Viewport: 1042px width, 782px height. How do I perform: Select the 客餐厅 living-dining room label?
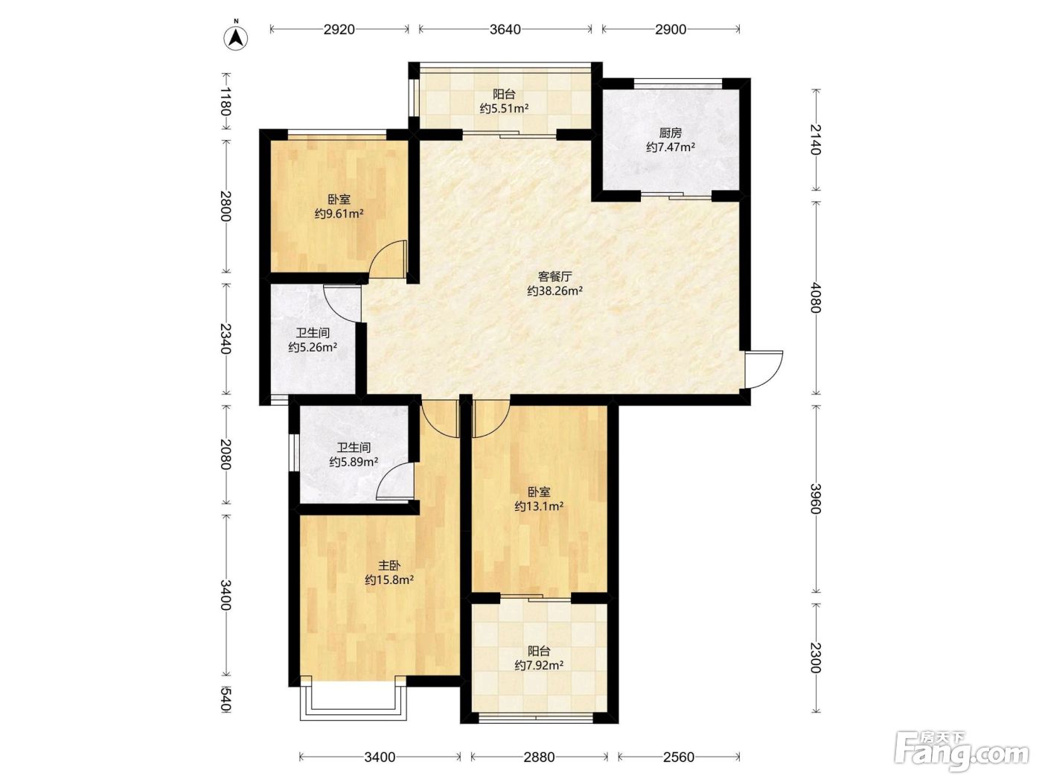click(x=554, y=276)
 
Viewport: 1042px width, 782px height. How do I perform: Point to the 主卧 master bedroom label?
click(x=389, y=565)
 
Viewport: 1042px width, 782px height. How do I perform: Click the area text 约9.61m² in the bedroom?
click(x=339, y=214)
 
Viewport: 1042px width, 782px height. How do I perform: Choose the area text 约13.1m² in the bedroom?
click(x=539, y=506)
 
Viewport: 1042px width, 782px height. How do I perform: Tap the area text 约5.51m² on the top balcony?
click(x=504, y=109)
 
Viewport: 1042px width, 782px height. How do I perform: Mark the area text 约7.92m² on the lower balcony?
click(x=539, y=666)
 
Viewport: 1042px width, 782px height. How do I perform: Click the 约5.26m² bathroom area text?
click(x=313, y=348)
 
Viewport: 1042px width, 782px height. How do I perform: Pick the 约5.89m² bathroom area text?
click(x=354, y=462)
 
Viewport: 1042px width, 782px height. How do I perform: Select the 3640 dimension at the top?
click(x=505, y=30)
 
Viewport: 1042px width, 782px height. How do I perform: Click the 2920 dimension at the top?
click(x=339, y=30)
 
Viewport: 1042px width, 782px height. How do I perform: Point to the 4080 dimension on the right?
click(x=816, y=298)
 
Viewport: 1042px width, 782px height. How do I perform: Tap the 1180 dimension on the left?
click(x=226, y=101)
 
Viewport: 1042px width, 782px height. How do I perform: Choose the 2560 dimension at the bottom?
click(x=679, y=757)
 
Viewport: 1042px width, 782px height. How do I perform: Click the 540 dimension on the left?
click(x=226, y=700)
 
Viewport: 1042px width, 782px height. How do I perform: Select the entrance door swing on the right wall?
click(x=764, y=369)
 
